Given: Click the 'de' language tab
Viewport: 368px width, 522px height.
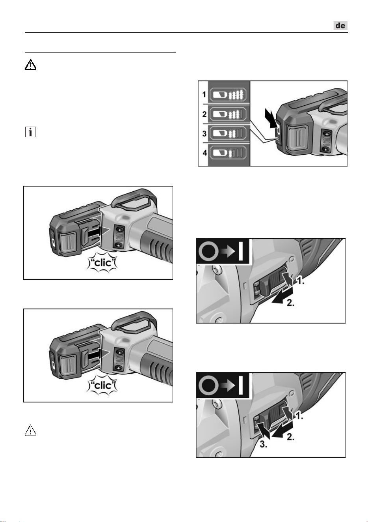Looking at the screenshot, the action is [x=340, y=25].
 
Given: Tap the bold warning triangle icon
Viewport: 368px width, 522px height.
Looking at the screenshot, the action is [x=30, y=65].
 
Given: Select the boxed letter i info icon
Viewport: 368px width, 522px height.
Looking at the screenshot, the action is [x=30, y=132].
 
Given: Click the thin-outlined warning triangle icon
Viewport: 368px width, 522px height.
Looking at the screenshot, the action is [x=30, y=430].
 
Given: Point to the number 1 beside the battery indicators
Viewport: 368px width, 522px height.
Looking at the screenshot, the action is [x=204, y=95].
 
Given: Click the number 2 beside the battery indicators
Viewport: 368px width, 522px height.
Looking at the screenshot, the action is [x=204, y=114].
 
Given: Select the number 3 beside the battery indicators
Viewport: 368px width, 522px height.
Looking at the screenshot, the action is [x=204, y=133].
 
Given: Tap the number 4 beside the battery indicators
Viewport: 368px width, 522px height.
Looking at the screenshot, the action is [x=205, y=153].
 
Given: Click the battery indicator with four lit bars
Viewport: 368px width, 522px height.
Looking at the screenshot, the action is [x=228, y=95].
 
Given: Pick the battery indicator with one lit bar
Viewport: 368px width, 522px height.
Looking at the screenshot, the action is [x=228, y=153].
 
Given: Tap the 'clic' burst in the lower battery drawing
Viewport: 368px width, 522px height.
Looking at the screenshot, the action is [x=102, y=385].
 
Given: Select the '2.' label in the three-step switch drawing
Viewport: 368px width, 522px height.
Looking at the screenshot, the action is [x=290, y=437].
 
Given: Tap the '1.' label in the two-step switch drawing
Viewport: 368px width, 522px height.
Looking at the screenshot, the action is [x=300, y=281].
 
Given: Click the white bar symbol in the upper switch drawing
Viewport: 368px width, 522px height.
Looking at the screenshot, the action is [x=241, y=251].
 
